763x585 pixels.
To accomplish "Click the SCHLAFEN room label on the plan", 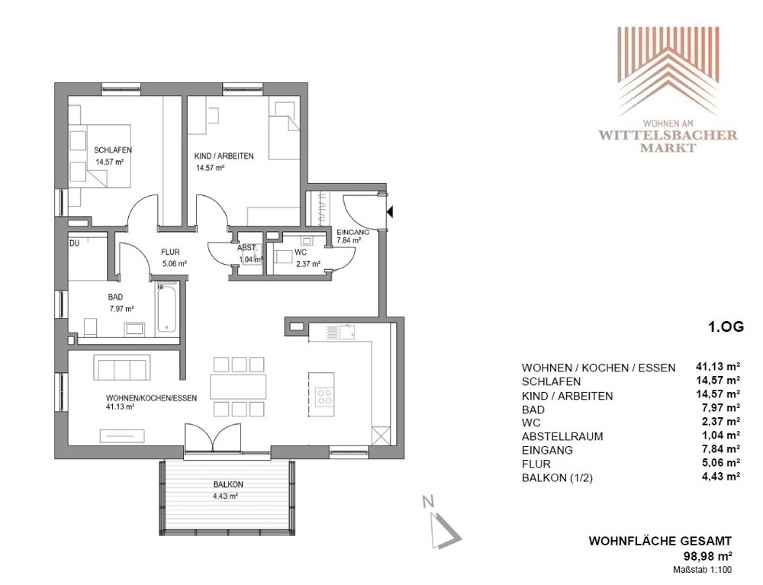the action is click(113, 150).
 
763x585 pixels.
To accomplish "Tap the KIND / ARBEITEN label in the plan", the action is click(224, 156).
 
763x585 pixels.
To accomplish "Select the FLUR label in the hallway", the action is click(170, 252).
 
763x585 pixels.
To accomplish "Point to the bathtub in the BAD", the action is click(166, 307).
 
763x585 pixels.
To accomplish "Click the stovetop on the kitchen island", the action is click(324, 396).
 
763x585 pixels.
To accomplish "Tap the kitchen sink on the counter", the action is click(347, 332).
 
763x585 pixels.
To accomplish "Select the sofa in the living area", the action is click(121, 367).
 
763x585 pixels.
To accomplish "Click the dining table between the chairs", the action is click(238, 387).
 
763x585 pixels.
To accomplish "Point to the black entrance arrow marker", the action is click(390, 211).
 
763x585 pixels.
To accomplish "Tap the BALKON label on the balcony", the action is click(228, 484).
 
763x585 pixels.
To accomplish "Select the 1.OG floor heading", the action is click(726, 326).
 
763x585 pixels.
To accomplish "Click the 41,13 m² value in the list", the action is click(718, 367).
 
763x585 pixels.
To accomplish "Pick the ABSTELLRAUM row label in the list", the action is click(562, 437).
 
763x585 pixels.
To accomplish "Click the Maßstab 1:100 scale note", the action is click(702, 570).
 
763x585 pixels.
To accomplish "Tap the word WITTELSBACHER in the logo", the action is click(668, 135).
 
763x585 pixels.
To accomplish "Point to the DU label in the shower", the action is click(75, 243).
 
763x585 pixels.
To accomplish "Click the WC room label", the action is click(301, 252).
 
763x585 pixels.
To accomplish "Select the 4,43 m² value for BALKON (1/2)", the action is click(721, 477).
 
